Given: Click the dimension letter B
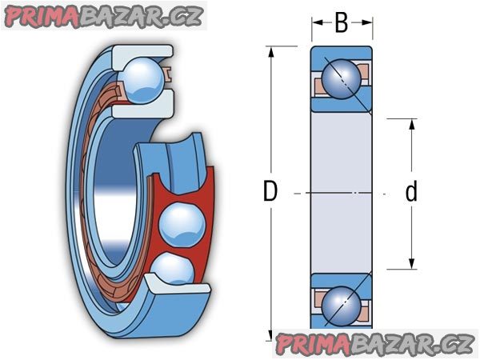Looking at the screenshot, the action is pyautogui.click(x=342, y=22).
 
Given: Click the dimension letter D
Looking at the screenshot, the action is pyautogui.click(x=270, y=191).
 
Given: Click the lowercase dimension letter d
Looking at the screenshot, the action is pyautogui.click(x=411, y=190).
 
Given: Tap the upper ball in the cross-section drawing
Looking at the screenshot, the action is pyautogui.click(x=342, y=78).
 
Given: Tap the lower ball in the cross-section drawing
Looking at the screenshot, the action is pyautogui.click(x=342, y=306).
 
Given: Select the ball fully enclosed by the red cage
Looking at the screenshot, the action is pyautogui.click(x=182, y=225).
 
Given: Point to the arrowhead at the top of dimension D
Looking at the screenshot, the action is pyautogui.click(x=270, y=52).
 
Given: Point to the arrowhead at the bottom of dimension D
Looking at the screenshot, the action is pyautogui.click(x=270, y=335).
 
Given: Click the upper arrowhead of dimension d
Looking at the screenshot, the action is pyautogui.click(x=412, y=124).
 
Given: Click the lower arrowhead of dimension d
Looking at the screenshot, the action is pyautogui.click(x=412, y=264).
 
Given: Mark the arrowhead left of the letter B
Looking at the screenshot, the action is pyautogui.click(x=318, y=22).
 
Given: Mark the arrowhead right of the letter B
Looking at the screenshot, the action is pyautogui.click(x=366, y=22).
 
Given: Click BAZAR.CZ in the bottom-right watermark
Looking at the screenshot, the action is pyautogui.click(x=412, y=344).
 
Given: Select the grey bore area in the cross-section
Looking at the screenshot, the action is pyautogui.click(x=342, y=193).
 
